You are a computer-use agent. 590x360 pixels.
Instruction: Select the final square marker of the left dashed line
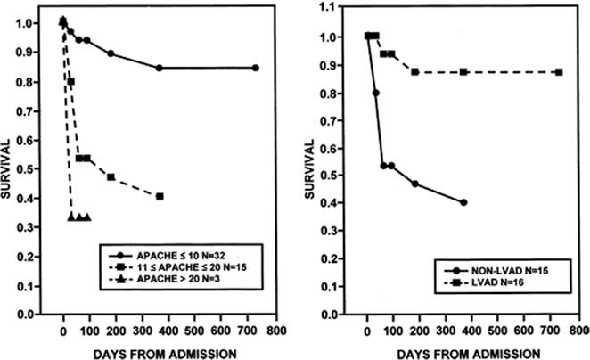(x=160, y=196)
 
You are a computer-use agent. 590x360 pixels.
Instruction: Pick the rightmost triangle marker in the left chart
(x=87, y=217)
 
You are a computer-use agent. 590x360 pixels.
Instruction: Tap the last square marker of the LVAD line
(x=559, y=71)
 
